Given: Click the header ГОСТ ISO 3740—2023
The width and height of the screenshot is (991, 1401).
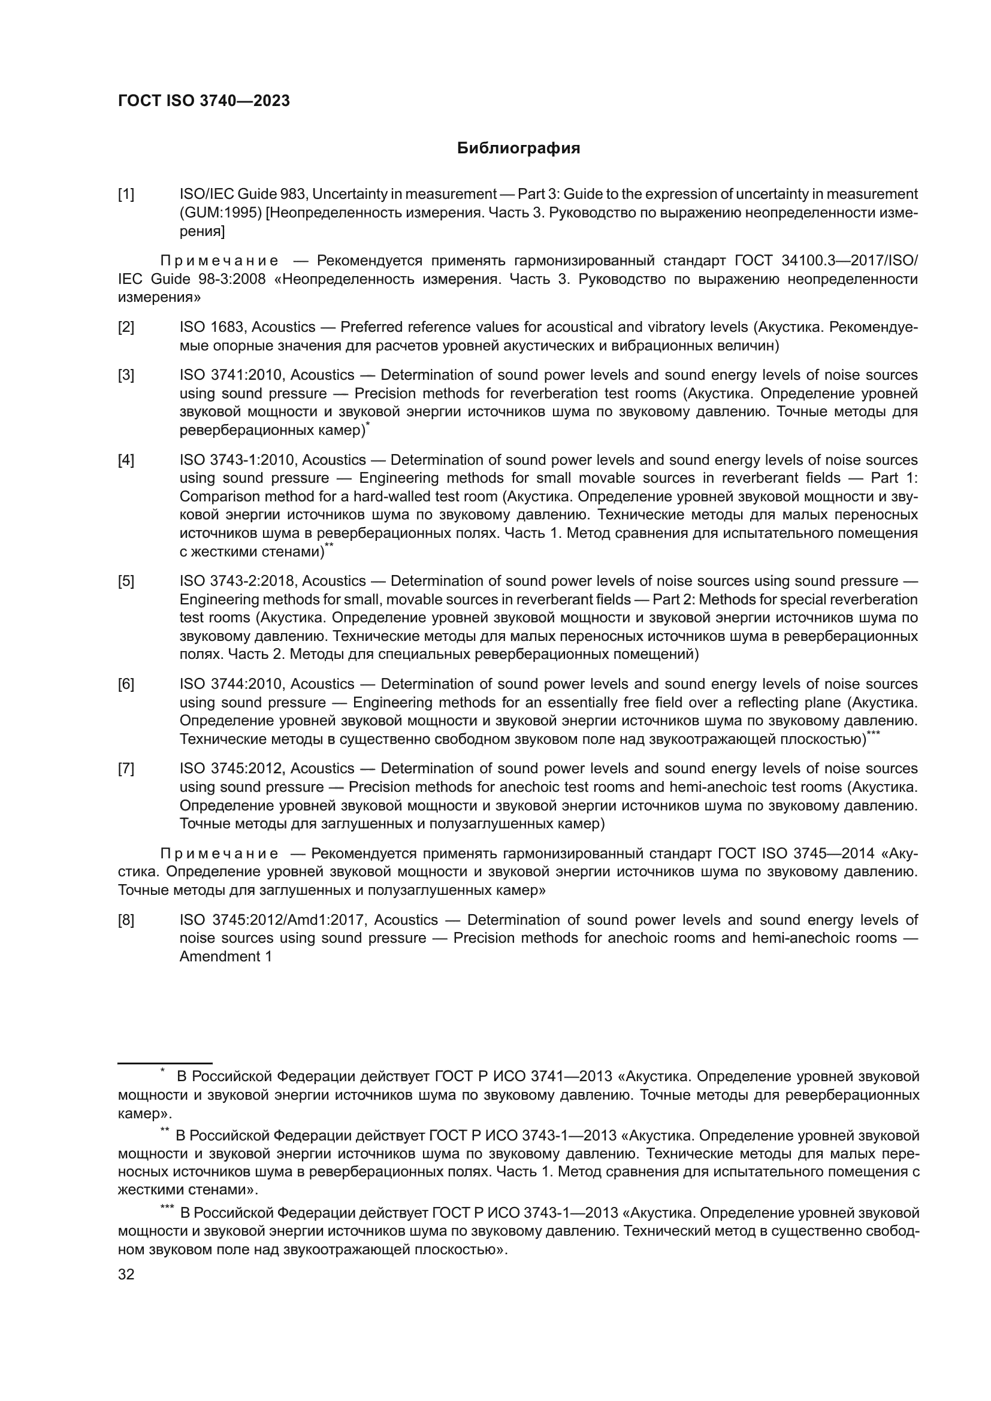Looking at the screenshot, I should [x=204, y=101].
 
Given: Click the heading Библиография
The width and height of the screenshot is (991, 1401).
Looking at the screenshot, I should [x=518, y=149].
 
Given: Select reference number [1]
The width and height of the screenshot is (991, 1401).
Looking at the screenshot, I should [x=126, y=195].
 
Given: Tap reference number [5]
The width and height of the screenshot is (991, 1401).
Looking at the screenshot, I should [x=126, y=581].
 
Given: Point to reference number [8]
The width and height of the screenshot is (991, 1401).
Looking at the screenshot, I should [x=126, y=919].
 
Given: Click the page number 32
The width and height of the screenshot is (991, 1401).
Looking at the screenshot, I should [x=126, y=1275].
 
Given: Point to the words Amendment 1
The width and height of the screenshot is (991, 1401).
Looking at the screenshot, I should [x=225, y=956].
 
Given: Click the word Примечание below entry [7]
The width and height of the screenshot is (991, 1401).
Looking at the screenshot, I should [x=219, y=853].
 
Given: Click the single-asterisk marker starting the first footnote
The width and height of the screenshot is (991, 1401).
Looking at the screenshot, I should [x=163, y=1070].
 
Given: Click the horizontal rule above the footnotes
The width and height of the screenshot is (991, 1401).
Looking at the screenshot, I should [x=165, y=1063].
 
